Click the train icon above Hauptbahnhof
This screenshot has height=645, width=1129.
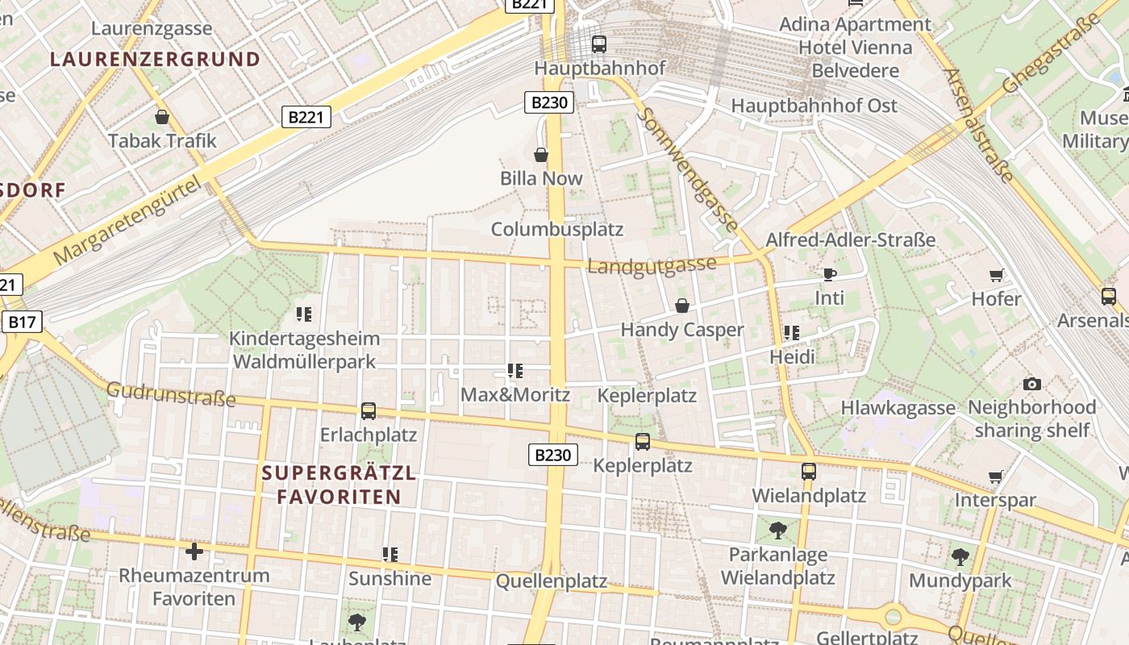tap(598, 44)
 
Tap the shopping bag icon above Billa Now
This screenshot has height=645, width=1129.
tap(541, 154)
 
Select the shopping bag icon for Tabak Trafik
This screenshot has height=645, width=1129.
tap(162, 117)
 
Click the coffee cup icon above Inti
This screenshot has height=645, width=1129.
tap(829, 274)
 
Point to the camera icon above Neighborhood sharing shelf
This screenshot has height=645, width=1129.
tap(1031, 384)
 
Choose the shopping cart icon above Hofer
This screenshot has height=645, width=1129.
tap(997, 275)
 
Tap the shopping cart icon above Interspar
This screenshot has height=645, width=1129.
tap(996, 476)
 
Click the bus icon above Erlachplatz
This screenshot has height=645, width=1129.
tap(369, 411)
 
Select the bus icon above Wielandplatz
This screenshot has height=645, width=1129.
tap(809, 472)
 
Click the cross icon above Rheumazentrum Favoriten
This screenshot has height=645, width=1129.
tap(194, 551)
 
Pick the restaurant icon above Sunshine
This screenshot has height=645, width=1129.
tap(390, 555)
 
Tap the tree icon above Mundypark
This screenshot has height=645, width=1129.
tap(960, 556)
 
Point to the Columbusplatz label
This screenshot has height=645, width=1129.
tap(557, 229)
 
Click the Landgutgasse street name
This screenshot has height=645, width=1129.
tap(652, 265)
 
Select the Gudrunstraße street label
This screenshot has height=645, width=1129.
tap(171, 395)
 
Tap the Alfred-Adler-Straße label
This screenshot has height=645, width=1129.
tap(851, 239)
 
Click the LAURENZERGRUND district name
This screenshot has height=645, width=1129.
tap(155, 59)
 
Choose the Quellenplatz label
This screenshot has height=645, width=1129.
tap(552, 580)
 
